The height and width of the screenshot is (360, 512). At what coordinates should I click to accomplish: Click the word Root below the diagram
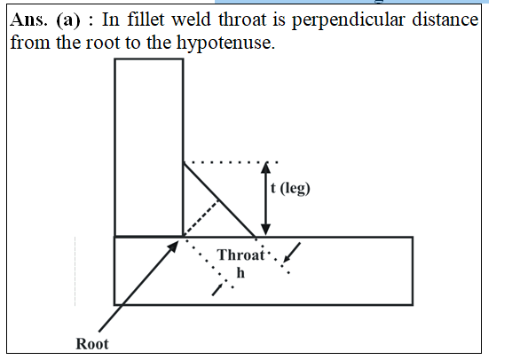tap(92, 344)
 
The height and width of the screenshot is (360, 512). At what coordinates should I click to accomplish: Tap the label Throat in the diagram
tap(241, 254)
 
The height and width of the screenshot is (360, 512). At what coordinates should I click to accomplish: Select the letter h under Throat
tap(240, 272)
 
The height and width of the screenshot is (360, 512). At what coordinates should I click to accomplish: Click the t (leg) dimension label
tap(290, 188)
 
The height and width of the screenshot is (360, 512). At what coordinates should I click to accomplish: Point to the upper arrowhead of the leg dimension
tap(266, 167)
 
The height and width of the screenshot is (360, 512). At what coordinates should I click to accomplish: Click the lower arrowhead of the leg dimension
tap(266, 230)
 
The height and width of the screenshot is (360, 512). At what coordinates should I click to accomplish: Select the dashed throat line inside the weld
tap(201, 217)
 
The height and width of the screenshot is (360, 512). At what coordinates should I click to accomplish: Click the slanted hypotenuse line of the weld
tap(219, 200)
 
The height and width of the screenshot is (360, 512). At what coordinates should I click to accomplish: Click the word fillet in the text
tap(146, 20)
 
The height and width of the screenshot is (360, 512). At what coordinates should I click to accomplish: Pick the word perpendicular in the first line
tap(349, 20)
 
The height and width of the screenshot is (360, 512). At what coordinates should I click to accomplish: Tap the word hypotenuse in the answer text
tap(225, 43)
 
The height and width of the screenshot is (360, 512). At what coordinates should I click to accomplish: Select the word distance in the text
tap(445, 20)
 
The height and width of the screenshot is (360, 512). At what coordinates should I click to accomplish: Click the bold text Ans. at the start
tap(28, 20)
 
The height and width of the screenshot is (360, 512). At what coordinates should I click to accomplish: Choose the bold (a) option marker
tap(68, 20)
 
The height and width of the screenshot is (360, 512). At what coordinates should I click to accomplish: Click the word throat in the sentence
tap(242, 20)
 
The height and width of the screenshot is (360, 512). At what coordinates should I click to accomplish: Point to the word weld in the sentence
tap(192, 20)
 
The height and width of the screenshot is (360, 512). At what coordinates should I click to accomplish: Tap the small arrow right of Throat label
tap(292, 253)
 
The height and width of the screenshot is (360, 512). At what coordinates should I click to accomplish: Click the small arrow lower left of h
tap(217, 289)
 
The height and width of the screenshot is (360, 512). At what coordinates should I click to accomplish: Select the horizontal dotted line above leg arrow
tap(231, 162)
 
